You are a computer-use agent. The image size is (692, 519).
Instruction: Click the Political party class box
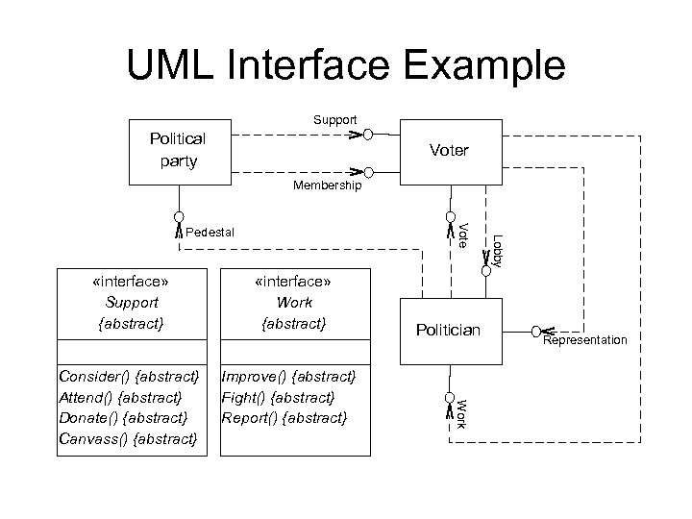pyautogui.click(x=178, y=150)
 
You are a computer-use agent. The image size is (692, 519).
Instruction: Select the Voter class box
pyautogui.click(x=449, y=151)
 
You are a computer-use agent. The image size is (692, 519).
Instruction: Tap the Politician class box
pyautogui.click(x=448, y=331)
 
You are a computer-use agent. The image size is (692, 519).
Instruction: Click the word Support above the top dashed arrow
pyautogui.click(x=334, y=120)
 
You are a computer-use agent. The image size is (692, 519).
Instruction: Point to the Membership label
pyautogui.click(x=328, y=185)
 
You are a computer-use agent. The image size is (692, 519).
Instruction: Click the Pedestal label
pyautogui.click(x=209, y=232)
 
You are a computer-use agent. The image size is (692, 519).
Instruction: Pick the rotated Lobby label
pyautogui.click(x=497, y=250)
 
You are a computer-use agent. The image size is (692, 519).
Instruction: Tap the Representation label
pyautogui.click(x=584, y=340)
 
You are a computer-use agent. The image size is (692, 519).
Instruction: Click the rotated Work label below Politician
pyautogui.click(x=461, y=411)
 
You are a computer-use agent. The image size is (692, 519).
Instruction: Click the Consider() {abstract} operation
pyautogui.click(x=129, y=375)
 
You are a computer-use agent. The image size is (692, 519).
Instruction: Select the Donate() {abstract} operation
pyautogui.click(x=123, y=418)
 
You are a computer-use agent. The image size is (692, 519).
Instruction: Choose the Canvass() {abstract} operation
pyautogui.click(x=128, y=439)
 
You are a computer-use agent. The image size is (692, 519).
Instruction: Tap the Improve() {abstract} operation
pyautogui.click(x=288, y=375)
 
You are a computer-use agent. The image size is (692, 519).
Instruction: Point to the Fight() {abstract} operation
pyautogui.click(x=278, y=396)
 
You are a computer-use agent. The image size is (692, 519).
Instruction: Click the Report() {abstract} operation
pyautogui.click(x=284, y=418)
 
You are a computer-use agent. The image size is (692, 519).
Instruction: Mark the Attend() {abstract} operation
pyautogui.click(x=120, y=396)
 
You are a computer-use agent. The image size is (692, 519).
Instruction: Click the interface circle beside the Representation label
pyautogui.click(x=535, y=331)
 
